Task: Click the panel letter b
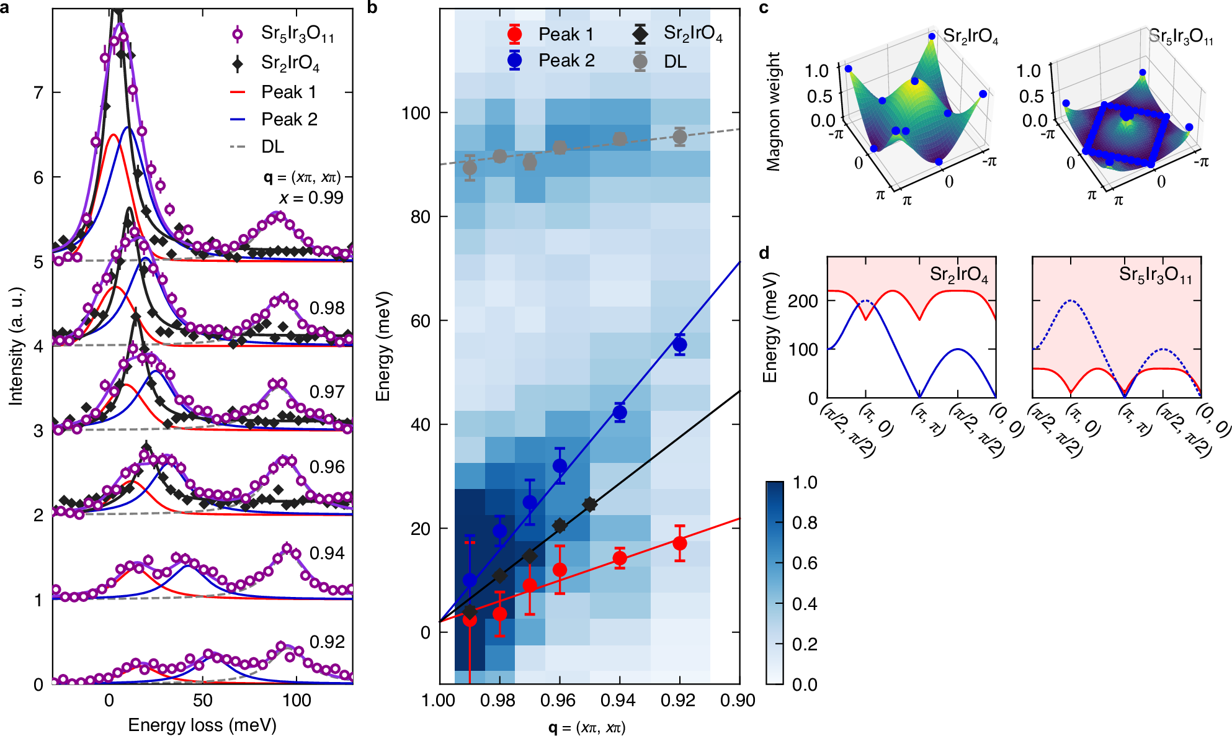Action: coord(372,8)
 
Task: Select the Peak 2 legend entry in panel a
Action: coord(288,119)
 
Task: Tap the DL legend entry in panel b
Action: coord(674,61)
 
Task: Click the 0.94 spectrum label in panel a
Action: coord(327,553)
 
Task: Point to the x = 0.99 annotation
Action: coord(311,198)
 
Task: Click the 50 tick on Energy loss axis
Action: coord(203,701)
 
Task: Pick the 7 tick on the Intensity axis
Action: coord(38,92)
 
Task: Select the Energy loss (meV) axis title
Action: coord(202,725)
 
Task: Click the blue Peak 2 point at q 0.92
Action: coord(680,344)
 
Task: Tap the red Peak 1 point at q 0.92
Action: coord(680,543)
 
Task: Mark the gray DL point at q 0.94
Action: coord(620,139)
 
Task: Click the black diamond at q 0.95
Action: coord(590,505)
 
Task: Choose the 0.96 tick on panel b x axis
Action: coord(558,701)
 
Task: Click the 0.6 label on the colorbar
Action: coord(804,563)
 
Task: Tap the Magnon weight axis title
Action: coord(773,112)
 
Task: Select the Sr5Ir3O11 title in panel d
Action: coord(1155,274)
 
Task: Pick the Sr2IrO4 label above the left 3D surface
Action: coord(970,37)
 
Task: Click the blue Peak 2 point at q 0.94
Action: coord(620,412)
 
